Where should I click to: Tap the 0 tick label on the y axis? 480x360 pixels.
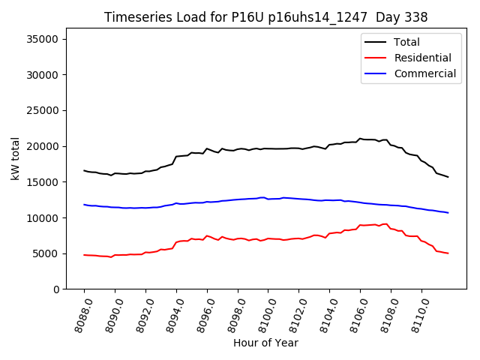56,289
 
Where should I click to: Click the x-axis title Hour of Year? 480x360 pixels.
265,343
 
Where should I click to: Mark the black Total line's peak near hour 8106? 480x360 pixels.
360,138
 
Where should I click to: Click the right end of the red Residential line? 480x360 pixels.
448,253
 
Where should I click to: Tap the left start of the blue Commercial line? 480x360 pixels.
84,205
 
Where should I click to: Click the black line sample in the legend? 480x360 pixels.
375,42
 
